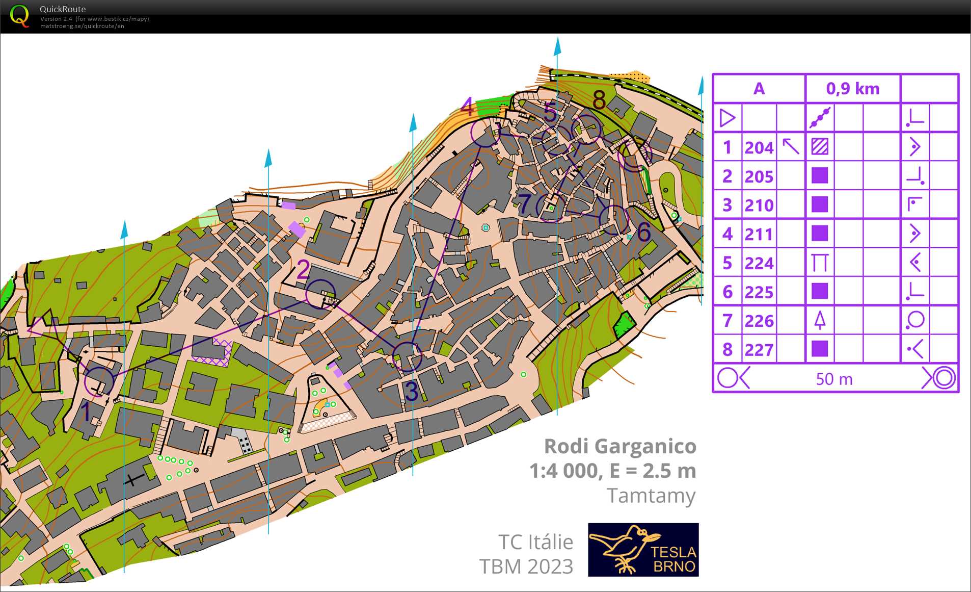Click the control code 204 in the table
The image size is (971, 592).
759,148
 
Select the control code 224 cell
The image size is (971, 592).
759,264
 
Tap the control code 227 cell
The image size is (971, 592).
759,350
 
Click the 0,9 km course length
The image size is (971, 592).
853,89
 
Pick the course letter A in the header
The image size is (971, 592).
759,89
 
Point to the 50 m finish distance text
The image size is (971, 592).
834,379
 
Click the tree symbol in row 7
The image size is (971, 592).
820,321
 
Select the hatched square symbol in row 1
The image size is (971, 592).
820,147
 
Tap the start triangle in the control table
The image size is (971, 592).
727,118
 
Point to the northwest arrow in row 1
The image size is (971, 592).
791,146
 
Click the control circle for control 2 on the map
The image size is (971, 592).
320,294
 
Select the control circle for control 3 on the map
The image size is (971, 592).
407,356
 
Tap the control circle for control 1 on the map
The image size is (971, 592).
99,381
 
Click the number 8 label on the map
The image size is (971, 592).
599,100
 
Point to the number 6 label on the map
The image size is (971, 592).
643,232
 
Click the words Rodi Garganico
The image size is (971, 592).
620,446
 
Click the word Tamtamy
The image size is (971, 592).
651,496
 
